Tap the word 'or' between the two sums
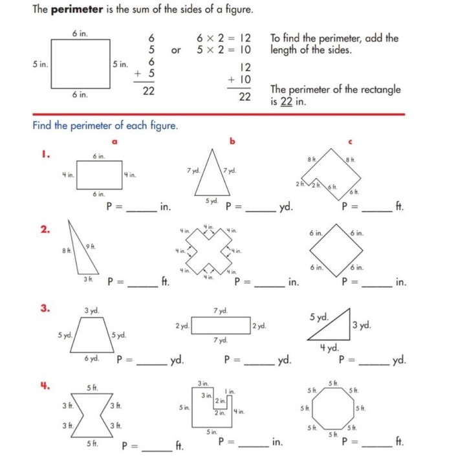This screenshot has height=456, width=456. (175, 50)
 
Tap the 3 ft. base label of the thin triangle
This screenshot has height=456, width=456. (86, 278)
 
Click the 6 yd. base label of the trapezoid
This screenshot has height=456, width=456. (91, 358)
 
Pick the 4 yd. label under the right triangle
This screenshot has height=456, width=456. (329, 347)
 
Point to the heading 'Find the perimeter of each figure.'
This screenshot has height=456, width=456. (104, 125)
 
